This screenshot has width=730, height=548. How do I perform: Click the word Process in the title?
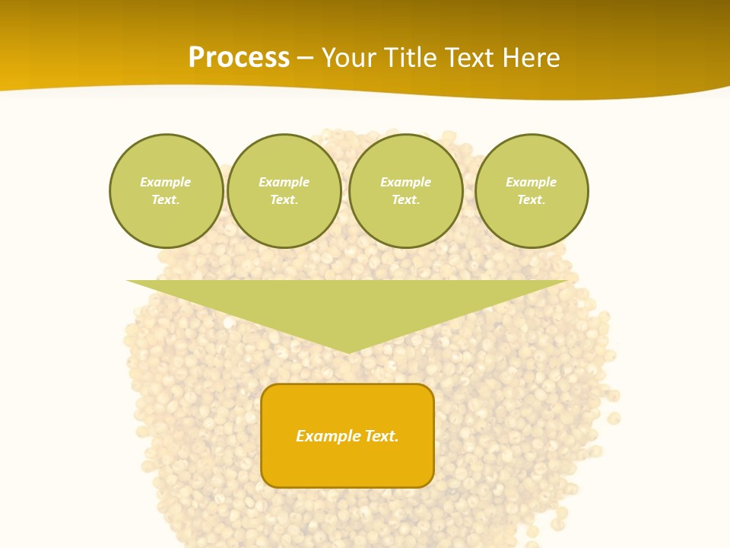tap(239, 58)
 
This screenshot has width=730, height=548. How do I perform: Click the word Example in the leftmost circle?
tap(166, 182)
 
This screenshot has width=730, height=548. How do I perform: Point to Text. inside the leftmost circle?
tap(166, 199)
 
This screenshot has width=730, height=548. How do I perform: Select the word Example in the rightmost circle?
tap(532, 182)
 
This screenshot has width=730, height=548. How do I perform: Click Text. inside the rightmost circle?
tap(532, 199)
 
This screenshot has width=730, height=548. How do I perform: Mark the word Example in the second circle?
tap(284, 182)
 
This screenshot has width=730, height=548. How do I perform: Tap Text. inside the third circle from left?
tap(406, 199)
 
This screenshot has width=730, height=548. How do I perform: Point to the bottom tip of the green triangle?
tap(348, 351)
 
